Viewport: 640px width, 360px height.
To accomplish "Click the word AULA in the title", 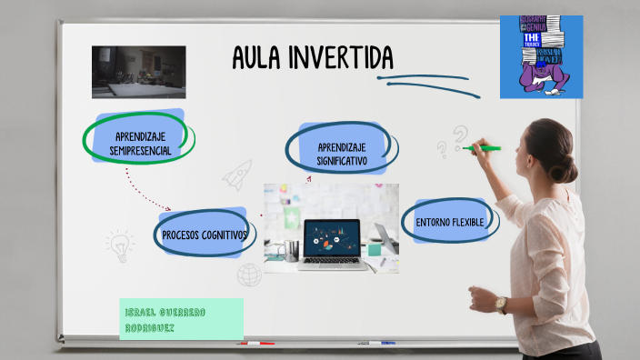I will click(256, 58).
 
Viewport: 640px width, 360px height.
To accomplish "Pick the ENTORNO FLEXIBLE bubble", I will click(449, 222).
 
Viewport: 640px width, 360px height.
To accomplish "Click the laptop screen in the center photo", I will click(332, 238).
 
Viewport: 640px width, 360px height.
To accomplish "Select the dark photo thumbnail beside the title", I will click(138, 72).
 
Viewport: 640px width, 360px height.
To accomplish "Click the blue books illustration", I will click(541, 56).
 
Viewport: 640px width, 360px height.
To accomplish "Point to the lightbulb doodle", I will click(119, 243).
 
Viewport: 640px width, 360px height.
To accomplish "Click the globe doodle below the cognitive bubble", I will click(249, 274).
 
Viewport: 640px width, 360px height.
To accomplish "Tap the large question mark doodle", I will click(461, 136).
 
